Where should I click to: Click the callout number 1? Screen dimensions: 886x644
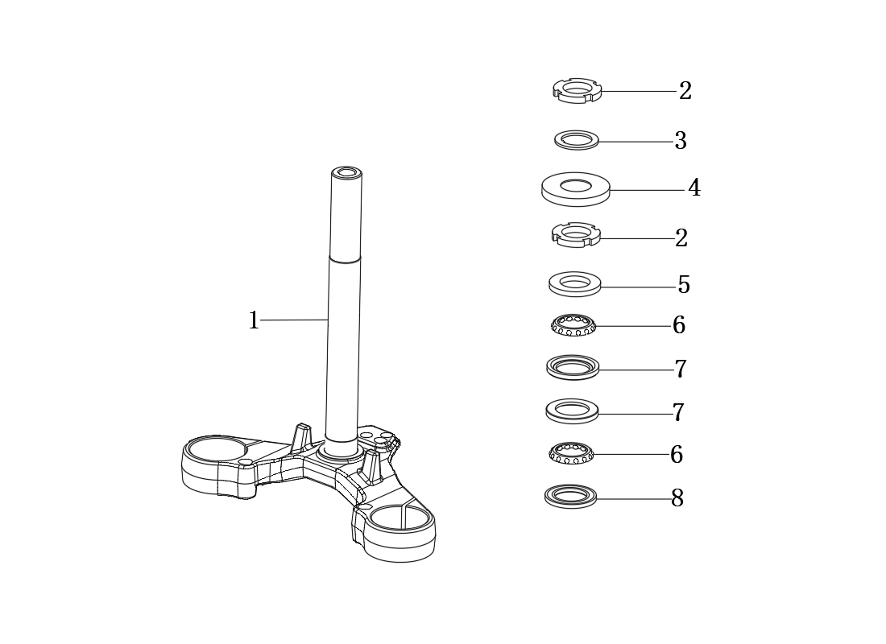point(254,320)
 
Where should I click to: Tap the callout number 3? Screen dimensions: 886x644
point(681,141)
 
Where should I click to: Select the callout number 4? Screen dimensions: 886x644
point(694,188)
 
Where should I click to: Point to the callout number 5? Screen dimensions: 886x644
point(684,285)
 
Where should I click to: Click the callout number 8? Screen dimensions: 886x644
point(677,498)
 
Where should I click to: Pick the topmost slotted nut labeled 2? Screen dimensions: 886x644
point(577,90)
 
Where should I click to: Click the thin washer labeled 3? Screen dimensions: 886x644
point(577,140)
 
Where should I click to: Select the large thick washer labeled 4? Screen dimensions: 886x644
point(576,189)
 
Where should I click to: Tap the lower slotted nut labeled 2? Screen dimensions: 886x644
point(576,234)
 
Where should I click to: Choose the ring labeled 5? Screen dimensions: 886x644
point(574,283)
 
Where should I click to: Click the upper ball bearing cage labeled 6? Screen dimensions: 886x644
point(573,325)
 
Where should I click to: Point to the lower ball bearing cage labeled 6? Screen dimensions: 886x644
point(571,453)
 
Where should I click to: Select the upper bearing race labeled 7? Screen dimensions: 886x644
point(573,367)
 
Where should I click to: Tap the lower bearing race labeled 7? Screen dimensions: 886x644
point(572,411)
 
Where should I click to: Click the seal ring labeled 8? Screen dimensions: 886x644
point(571,497)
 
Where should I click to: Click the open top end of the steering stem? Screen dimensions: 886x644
point(347,171)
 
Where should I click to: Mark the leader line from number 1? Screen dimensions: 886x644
point(294,320)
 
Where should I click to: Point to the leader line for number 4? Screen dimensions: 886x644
point(648,190)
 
